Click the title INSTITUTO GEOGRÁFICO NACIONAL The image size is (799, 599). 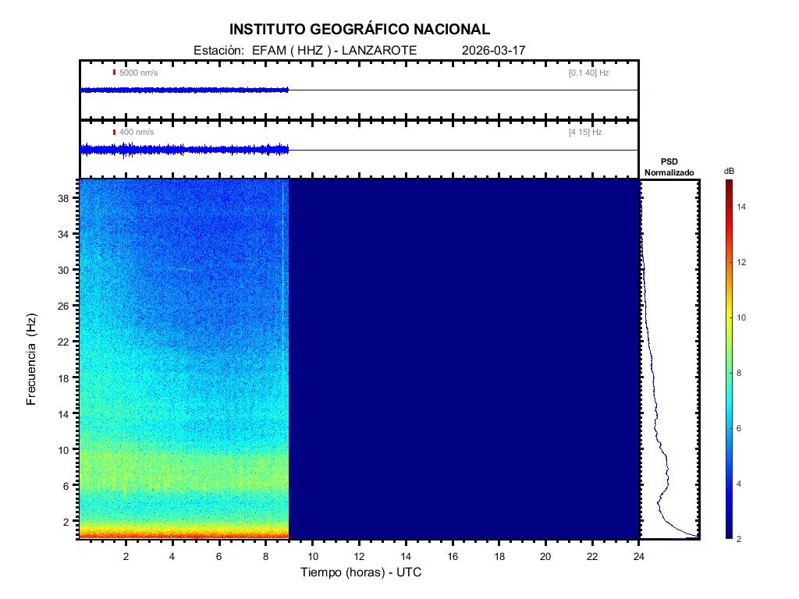[x=360, y=30]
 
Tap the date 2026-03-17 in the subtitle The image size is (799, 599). [x=494, y=50]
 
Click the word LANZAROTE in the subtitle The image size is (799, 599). [x=382, y=50]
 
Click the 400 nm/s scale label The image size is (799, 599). [x=137, y=133]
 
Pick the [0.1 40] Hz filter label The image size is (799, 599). [x=588, y=73]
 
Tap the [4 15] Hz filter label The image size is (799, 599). [x=585, y=133]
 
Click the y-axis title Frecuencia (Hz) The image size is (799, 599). [x=32, y=360]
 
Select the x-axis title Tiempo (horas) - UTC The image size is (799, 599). [x=361, y=572]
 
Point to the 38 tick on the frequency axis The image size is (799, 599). [x=66, y=198]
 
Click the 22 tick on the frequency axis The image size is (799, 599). [x=66, y=342]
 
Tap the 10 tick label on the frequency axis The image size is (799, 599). [x=66, y=449]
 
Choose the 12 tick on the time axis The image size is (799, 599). [x=359, y=555]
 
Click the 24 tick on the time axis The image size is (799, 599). [x=639, y=555]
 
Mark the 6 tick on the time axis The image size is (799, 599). [x=219, y=555]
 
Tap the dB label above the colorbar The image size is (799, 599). [x=729, y=171]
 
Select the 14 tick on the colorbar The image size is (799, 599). [x=744, y=207]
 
